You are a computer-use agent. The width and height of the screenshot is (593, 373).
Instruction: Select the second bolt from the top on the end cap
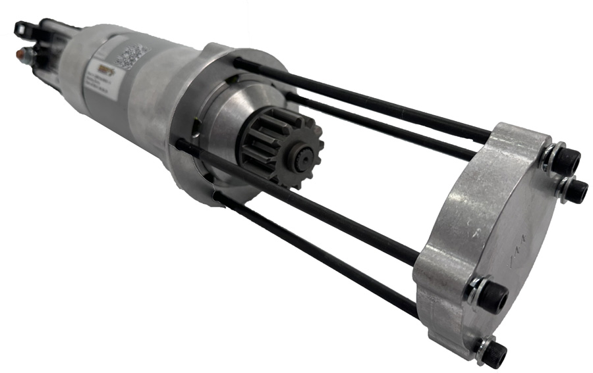(575, 191)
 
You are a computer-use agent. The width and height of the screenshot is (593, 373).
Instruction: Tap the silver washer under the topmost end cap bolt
(550, 158)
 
